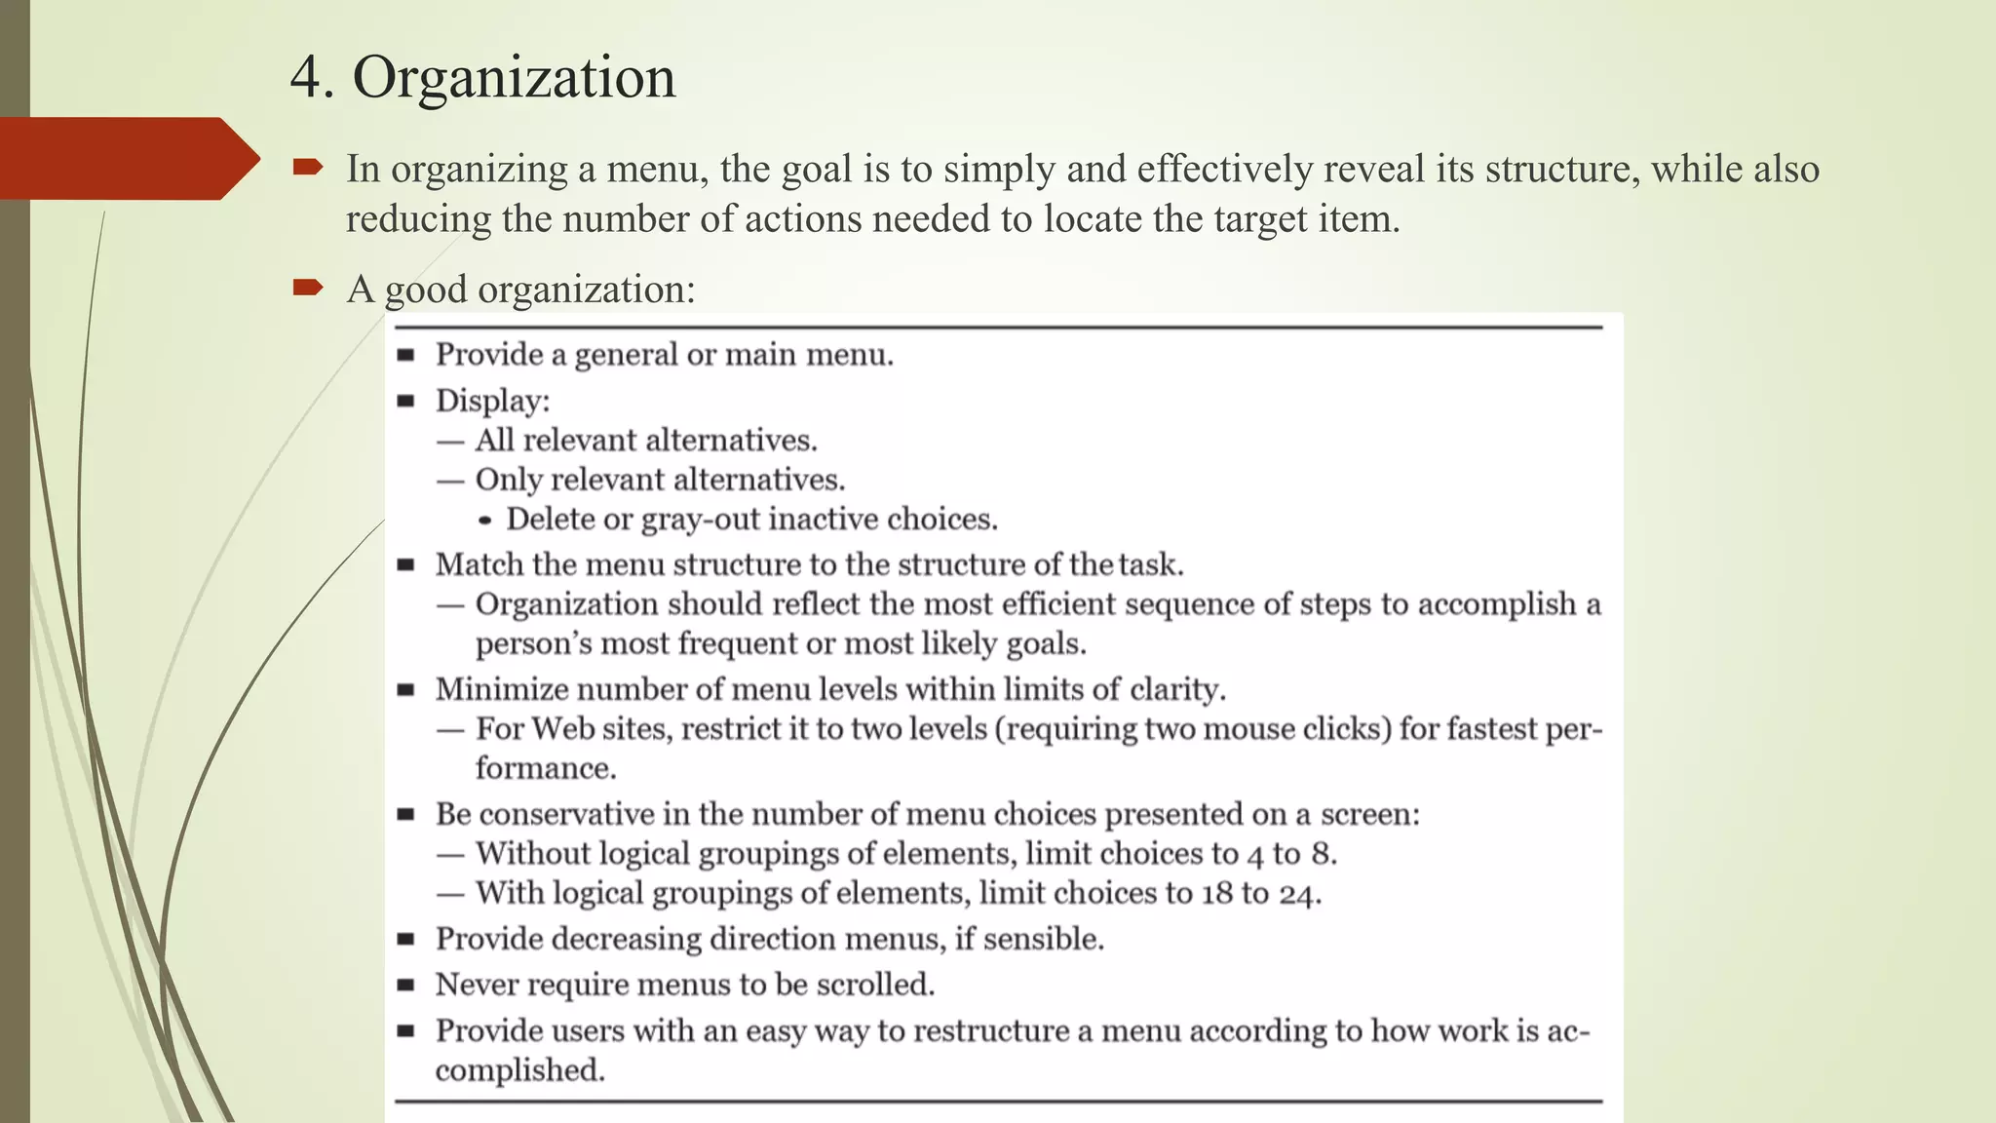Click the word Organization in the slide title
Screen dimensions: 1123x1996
pyautogui.click(x=514, y=78)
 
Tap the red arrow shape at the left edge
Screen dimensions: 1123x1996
pyautogui.click(x=127, y=159)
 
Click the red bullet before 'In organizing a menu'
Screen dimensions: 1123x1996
pyautogui.click(x=307, y=169)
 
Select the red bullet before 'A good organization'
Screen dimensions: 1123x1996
pyautogui.click(x=307, y=287)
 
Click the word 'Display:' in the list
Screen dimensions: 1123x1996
pyautogui.click(x=492, y=401)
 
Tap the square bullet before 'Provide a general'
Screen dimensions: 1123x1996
pyautogui.click(x=406, y=355)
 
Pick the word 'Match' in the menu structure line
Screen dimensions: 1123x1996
pyautogui.click(x=479, y=564)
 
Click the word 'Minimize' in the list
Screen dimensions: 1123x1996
pyautogui.click(x=501, y=689)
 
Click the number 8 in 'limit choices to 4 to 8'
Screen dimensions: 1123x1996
pyautogui.click(x=1322, y=854)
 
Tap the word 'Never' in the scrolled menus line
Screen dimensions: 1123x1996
pyautogui.click(x=478, y=985)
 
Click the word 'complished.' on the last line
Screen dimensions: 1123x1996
pyautogui.click(x=519, y=1070)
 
